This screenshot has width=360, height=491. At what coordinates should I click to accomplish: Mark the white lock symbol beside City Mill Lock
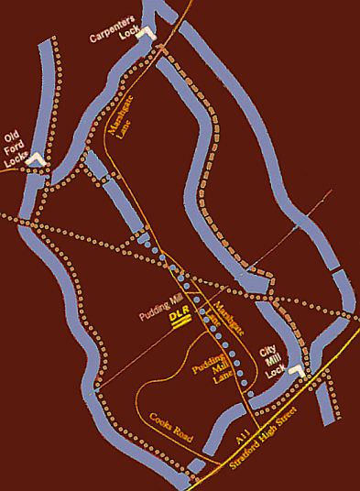295,372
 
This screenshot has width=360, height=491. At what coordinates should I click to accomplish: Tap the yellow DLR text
180,318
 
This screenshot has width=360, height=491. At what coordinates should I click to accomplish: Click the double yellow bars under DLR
180,328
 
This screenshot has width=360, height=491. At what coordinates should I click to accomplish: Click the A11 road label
245,441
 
